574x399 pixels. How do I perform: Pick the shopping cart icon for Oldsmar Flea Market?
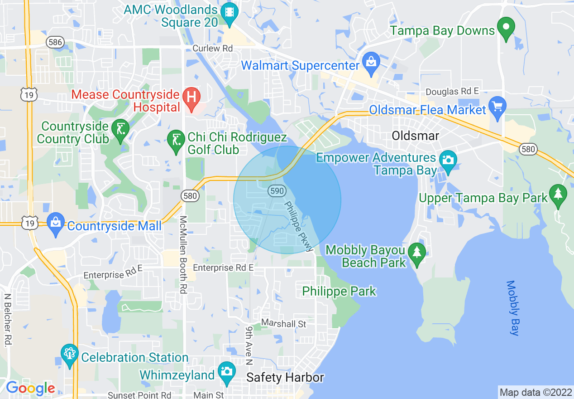[x=497, y=107]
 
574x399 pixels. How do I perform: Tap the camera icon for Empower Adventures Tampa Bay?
[x=448, y=161]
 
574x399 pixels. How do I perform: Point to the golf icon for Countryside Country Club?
[x=120, y=130]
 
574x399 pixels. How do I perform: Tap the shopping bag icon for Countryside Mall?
[x=56, y=223]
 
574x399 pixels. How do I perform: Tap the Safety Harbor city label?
[x=285, y=378]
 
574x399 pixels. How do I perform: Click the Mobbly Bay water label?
[x=512, y=308]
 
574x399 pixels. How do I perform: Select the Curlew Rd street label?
[x=212, y=48]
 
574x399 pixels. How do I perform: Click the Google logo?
[x=30, y=388]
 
